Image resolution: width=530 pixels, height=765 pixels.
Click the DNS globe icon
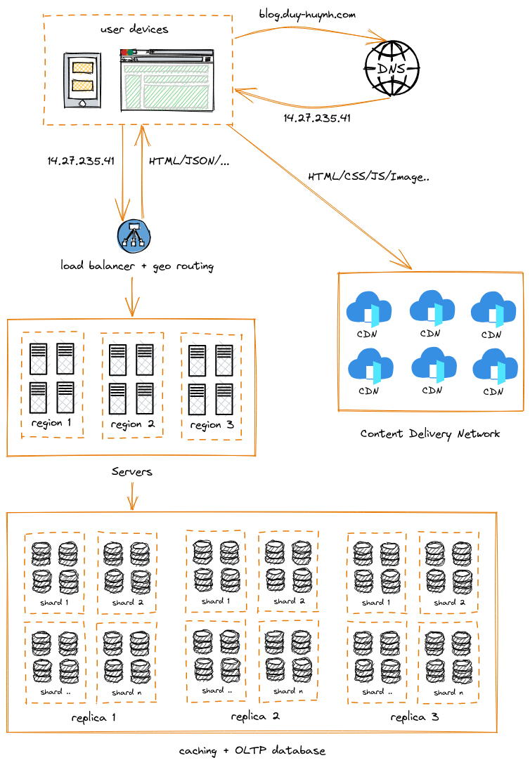pos(392,68)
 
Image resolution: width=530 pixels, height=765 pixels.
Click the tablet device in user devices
pos(82,80)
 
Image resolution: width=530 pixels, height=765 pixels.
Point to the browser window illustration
pos(167,80)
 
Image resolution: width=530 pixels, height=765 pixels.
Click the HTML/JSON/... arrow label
pos(189,161)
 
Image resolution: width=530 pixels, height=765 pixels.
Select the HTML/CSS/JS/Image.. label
pos(369,177)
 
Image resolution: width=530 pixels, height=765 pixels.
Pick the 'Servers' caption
pos(132,472)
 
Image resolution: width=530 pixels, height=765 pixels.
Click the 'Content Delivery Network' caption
pos(430,433)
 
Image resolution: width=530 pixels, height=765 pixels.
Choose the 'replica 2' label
pos(255,717)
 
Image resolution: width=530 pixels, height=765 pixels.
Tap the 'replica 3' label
pos(415,717)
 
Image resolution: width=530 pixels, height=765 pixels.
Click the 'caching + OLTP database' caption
pos(252,751)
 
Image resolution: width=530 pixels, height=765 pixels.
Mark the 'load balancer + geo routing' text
pos(137,266)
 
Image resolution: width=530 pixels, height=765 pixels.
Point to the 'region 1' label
pos(51,423)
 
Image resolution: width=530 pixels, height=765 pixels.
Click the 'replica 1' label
pos(93,718)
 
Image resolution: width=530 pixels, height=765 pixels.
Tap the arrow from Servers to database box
pos(132,496)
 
